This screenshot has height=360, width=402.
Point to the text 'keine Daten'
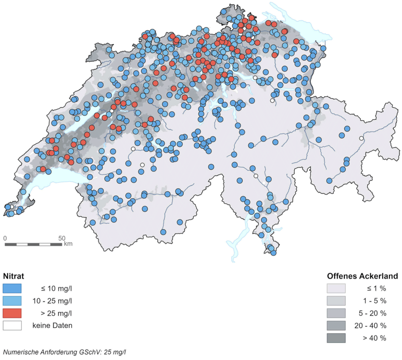point(52,326)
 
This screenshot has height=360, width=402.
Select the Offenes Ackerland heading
point(362,276)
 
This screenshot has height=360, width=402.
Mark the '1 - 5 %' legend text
point(375,301)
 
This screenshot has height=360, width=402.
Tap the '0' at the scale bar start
point(5,238)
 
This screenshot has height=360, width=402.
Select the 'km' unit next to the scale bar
point(68,244)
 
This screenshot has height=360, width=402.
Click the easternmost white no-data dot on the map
point(361,139)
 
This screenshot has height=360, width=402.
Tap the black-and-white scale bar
point(34,244)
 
